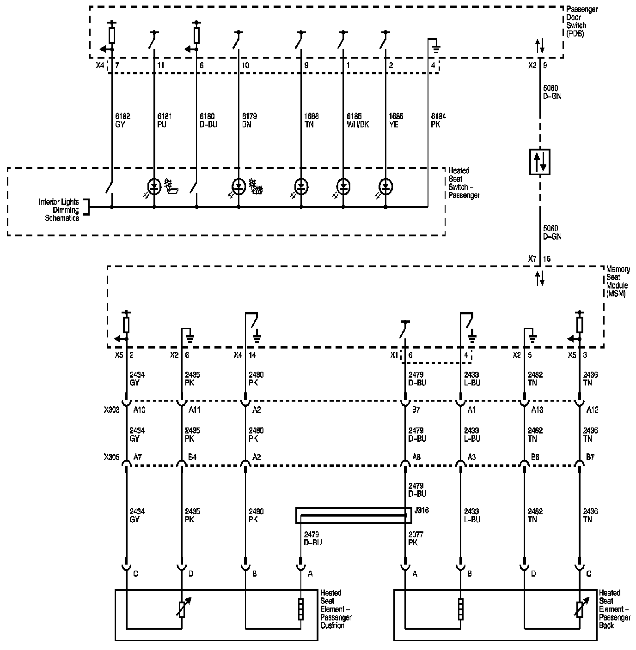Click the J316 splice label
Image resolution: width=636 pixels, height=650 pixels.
tap(422, 510)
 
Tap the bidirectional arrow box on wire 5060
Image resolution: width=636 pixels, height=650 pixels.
tap(540, 161)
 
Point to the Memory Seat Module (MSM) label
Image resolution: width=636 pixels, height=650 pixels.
tap(617, 281)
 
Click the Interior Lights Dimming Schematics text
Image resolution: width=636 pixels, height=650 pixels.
tap(59, 210)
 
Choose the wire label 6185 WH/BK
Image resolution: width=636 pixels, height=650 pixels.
tap(358, 120)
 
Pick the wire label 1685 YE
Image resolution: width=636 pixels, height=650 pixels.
tap(396, 120)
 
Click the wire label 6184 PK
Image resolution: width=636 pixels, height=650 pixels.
tap(438, 120)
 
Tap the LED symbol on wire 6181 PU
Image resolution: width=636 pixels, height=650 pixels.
tap(154, 187)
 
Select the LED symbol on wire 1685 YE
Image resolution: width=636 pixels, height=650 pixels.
tap(385, 187)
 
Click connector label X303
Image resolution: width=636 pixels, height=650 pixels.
tap(111, 409)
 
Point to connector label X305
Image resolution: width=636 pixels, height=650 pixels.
tap(111, 457)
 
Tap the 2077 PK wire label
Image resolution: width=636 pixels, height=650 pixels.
tap(416, 538)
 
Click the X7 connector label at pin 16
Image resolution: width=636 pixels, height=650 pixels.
tap(532, 259)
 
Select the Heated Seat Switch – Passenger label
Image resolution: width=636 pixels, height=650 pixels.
tap(464, 183)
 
